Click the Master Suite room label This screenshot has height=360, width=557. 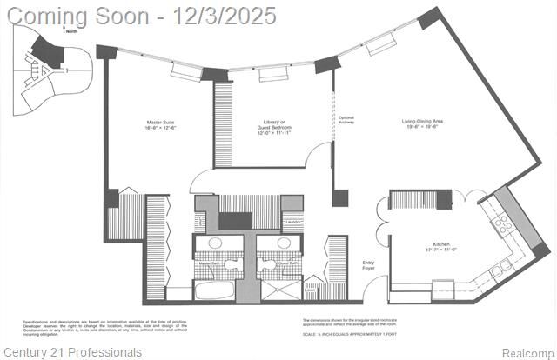point(161,126)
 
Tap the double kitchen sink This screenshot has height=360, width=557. point(499,270)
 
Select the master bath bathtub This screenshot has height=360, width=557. point(214,290)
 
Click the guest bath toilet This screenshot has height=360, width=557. point(267,264)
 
